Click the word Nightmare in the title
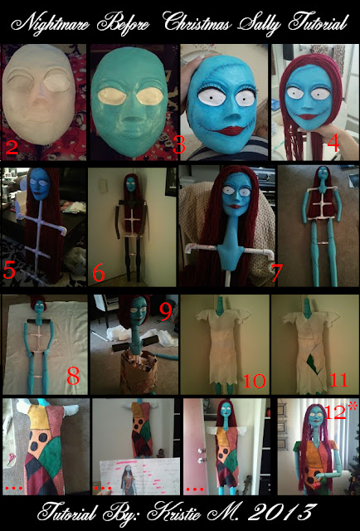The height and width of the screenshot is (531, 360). (50, 25)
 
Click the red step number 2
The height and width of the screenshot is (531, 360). (11, 148)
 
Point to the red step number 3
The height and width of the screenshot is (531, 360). (179, 145)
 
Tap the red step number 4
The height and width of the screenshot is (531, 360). (333, 144)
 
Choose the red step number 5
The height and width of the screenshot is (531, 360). (9, 270)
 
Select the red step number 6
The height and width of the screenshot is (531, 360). (99, 274)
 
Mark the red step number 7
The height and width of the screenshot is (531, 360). (276, 273)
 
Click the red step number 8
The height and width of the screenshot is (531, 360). (73, 376)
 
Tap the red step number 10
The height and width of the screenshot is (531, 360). (255, 380)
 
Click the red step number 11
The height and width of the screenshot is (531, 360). (338, 380)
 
